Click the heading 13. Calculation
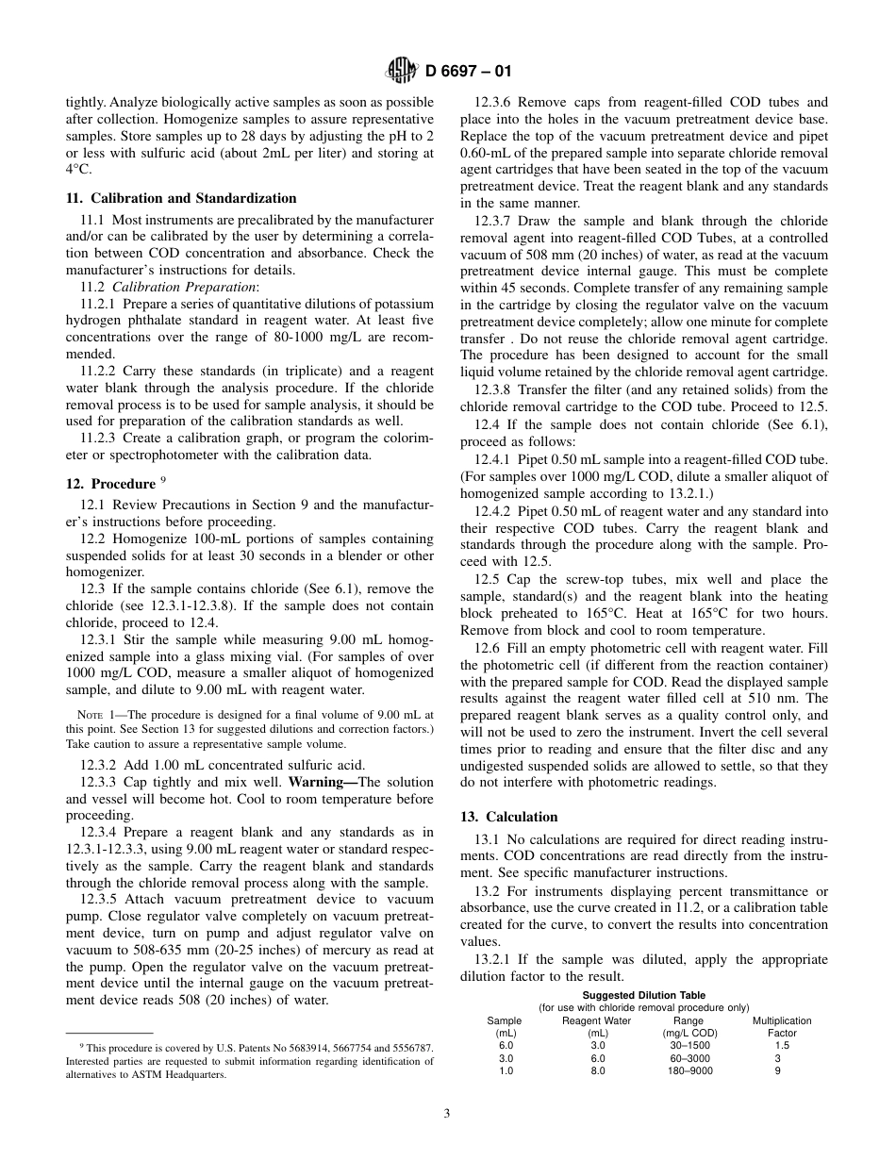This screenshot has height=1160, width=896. pos(508,817)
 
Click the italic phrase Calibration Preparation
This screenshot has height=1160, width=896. pos(175,287)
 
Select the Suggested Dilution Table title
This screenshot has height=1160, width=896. pos(643,995)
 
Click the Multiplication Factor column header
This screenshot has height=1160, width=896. pos(781,1026)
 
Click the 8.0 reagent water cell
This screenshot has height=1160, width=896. pos(597,1070)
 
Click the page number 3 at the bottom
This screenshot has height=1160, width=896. pos(447,1113)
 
